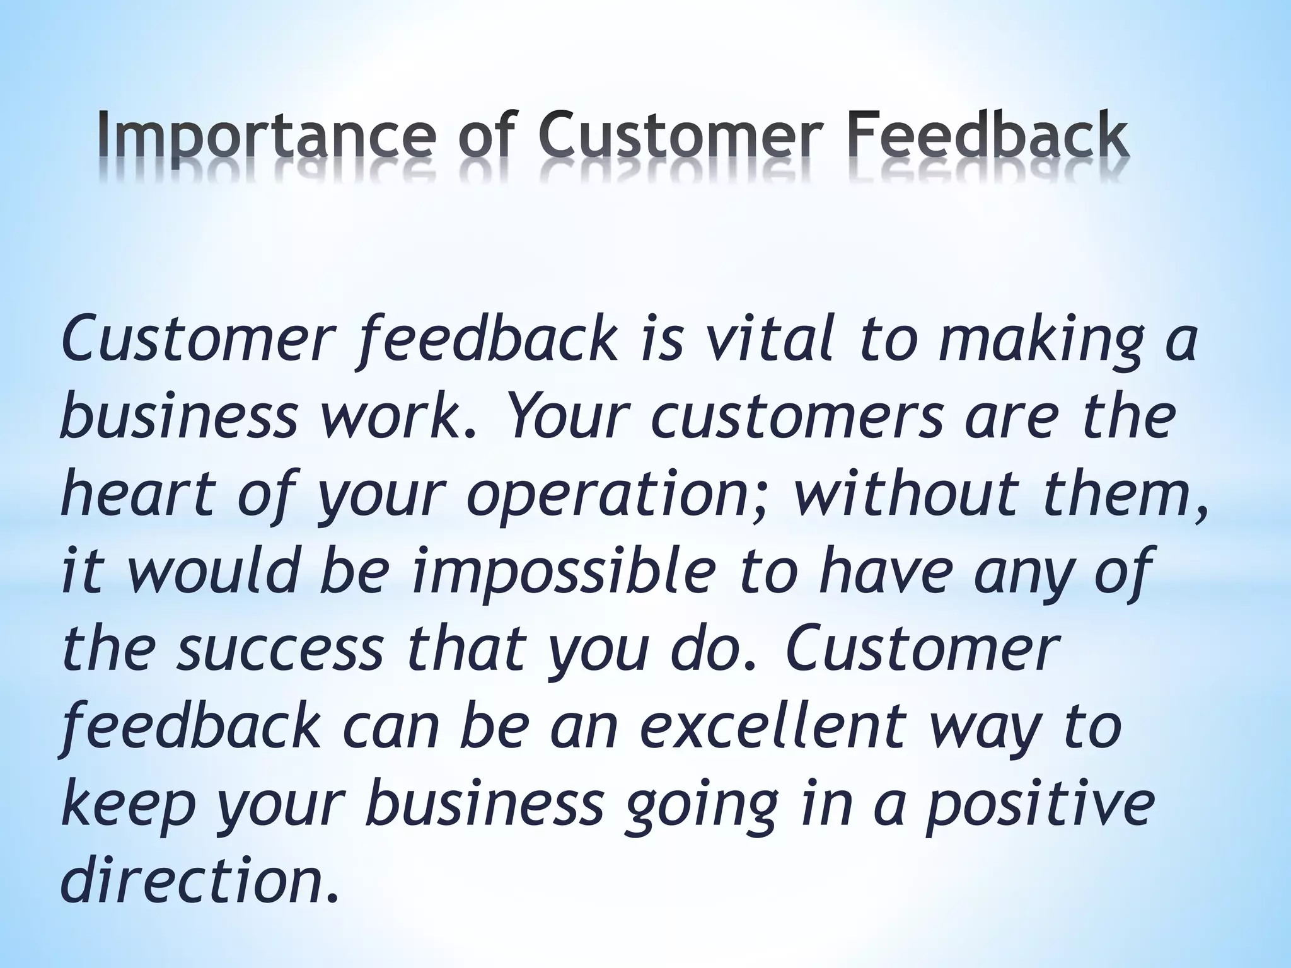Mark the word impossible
point(564,572)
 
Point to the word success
point(280,649)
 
